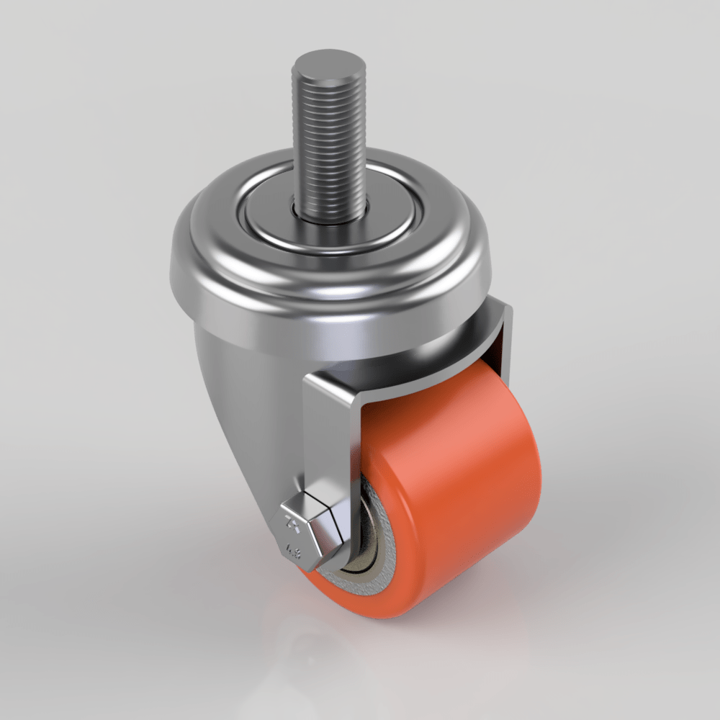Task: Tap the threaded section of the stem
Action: coord(328,144)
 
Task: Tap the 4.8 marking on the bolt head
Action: coord(294,552)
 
